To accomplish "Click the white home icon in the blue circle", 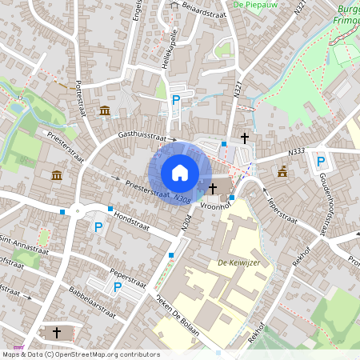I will pyautogui.click(x=180, y=173).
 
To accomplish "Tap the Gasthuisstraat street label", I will pyautogui.click(x=146, y=137).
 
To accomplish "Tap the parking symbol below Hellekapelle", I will pyautogui.click(x=176, y=100).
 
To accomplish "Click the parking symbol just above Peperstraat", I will pyautogui.click(x=118, y=286).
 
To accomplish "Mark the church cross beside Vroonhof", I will pyautogui.click(x=213, y=188).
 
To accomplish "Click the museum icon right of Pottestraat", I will pyautogui.click(x=105, y=110).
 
